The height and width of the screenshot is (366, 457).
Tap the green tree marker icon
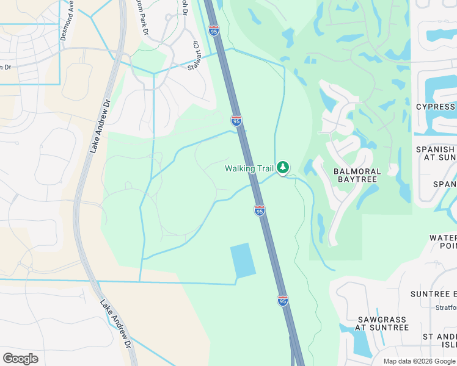tap(282, 167)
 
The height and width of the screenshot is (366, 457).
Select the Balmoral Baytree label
tap(357, 176)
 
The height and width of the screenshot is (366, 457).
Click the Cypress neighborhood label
tap(436, 107)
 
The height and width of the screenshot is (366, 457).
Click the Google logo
tap(20, 358)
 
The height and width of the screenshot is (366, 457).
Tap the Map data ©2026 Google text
tap(420, 361)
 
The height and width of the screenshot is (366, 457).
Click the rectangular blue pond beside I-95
tap(242, 260)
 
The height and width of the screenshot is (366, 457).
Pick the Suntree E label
tap(434, 293)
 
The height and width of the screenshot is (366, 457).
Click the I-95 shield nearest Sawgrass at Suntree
tap(282, 301)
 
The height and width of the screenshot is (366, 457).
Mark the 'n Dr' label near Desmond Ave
tap(5, 67)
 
